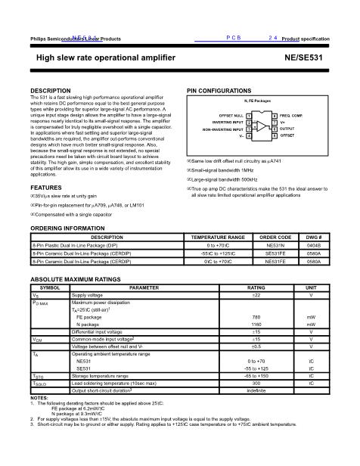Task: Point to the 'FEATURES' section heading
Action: coord(46,187)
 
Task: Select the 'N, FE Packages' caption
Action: coord(257,100)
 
